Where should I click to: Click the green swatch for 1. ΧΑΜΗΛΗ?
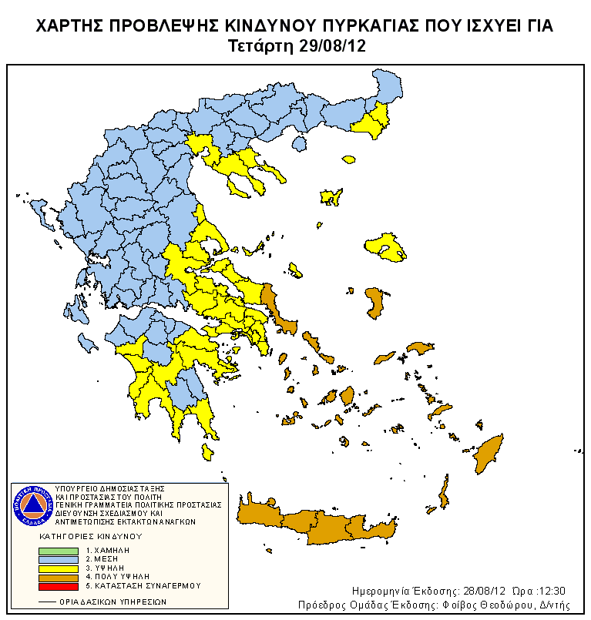(59, 551)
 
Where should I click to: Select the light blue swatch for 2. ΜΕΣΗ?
(59, 559)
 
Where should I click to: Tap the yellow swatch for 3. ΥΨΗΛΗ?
(59, 568)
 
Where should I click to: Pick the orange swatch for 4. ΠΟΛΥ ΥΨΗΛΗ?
(59, 576)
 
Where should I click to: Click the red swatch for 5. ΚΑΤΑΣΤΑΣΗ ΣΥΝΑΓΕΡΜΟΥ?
(59, 585)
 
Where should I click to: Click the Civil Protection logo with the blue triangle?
(32, 505)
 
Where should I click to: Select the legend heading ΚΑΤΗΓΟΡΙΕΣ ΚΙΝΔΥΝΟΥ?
(97, 535)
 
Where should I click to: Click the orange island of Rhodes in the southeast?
(487, 454)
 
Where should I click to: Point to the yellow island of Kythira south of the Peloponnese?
(206, 452)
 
